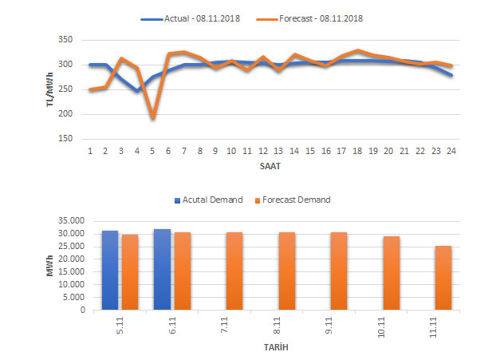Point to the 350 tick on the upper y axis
(66, 40)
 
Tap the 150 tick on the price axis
(66, 139)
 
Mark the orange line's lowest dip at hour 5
(152, 118)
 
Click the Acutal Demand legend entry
(210, 200)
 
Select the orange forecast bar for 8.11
(286, 271)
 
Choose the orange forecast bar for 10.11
(391, 273)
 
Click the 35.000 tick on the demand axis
(73, 220)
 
